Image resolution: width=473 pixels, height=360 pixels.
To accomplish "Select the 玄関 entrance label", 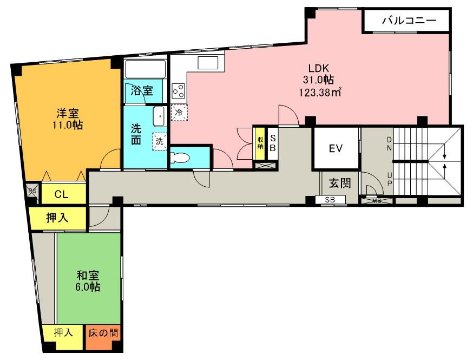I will (x=340, y=183).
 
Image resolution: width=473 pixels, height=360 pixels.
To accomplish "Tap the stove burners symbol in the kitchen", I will (x=178, y=91).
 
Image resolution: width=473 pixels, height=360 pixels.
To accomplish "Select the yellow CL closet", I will (x=61, y=194).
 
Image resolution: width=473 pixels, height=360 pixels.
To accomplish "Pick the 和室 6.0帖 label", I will (x=88, y=281).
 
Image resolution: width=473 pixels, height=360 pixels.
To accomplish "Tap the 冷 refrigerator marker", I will (x=179, y=113).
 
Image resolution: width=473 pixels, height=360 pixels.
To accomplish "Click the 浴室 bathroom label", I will (x=142, y=91).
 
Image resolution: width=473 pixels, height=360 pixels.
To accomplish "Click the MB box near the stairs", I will (x=377, y=201).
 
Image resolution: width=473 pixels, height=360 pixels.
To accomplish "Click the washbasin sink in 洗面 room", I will (x=160, y=115).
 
